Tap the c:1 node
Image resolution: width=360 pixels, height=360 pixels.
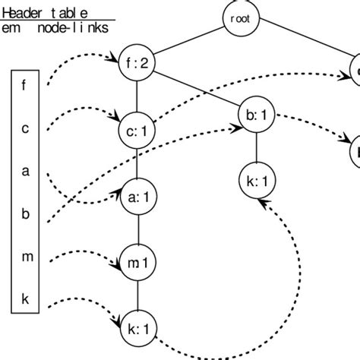pos(137,131)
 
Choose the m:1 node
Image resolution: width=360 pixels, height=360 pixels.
pos(137,263)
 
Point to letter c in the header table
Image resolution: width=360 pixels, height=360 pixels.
pos(24,128)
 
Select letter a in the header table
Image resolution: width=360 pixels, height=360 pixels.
pos(24,171)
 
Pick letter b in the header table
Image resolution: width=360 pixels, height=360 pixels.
pos(24,214)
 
